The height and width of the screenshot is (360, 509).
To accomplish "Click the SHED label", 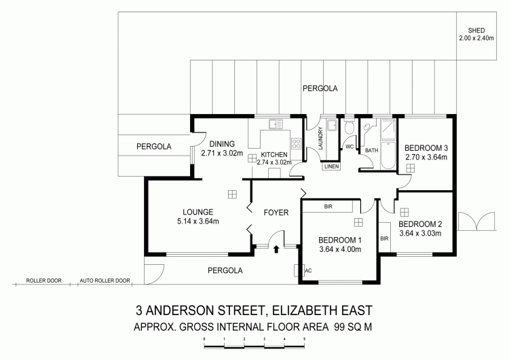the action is click(476, 31).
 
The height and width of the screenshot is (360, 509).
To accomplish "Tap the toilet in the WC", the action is click(350, 127).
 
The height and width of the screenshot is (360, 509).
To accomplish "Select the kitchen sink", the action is click(276, 124).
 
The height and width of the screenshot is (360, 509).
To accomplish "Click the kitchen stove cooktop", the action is click(296, 143).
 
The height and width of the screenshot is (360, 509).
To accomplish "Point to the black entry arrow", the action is click(276, 249).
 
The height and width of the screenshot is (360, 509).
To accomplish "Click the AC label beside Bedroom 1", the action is click(308, 270).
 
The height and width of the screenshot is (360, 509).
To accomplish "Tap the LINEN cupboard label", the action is click(331, 166).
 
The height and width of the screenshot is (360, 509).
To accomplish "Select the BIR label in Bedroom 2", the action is click(384, 239).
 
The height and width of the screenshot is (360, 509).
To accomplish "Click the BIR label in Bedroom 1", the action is click(328, 206).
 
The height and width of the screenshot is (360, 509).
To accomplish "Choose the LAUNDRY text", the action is click(321, 138).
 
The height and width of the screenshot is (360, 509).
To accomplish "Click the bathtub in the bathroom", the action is click(389, 156).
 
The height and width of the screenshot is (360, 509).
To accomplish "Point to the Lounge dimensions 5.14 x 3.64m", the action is click(197, 221).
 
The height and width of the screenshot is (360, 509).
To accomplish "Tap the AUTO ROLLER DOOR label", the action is click(105, 281).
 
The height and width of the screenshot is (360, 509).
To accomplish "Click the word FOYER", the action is click(276, 213).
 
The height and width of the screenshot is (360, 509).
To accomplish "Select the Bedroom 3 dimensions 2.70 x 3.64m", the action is click(426, 158).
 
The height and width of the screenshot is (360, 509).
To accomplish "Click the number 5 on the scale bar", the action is click(304, 339).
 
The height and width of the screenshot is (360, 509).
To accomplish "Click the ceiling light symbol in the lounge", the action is click(232, 194).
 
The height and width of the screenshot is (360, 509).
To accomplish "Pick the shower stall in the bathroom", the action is click(389, 129).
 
